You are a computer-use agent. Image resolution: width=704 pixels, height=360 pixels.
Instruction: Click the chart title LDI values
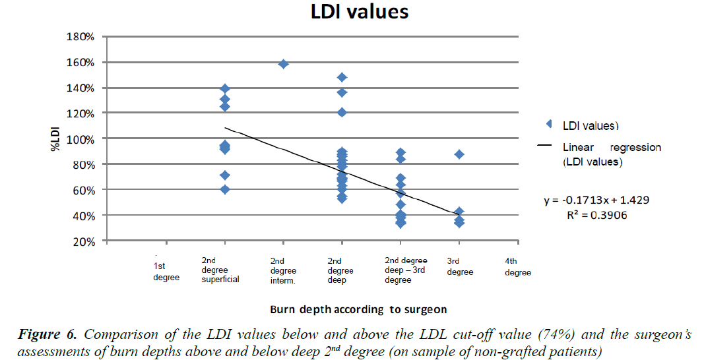360,13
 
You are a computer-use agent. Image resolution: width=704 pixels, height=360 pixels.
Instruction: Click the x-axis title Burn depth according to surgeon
358,309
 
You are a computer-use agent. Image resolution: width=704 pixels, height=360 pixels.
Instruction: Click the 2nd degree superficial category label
220,270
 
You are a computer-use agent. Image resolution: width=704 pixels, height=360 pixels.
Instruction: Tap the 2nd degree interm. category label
284,270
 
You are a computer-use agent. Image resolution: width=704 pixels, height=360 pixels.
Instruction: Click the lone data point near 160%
284,64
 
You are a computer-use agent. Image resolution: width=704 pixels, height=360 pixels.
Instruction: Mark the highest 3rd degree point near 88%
459,154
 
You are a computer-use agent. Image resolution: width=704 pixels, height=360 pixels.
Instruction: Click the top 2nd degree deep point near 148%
342,77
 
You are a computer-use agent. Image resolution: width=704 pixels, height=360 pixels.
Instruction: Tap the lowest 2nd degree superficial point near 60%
225,189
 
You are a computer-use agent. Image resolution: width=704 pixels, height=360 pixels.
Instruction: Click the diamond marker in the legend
548,124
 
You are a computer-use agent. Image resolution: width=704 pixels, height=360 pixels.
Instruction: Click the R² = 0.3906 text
599,214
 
